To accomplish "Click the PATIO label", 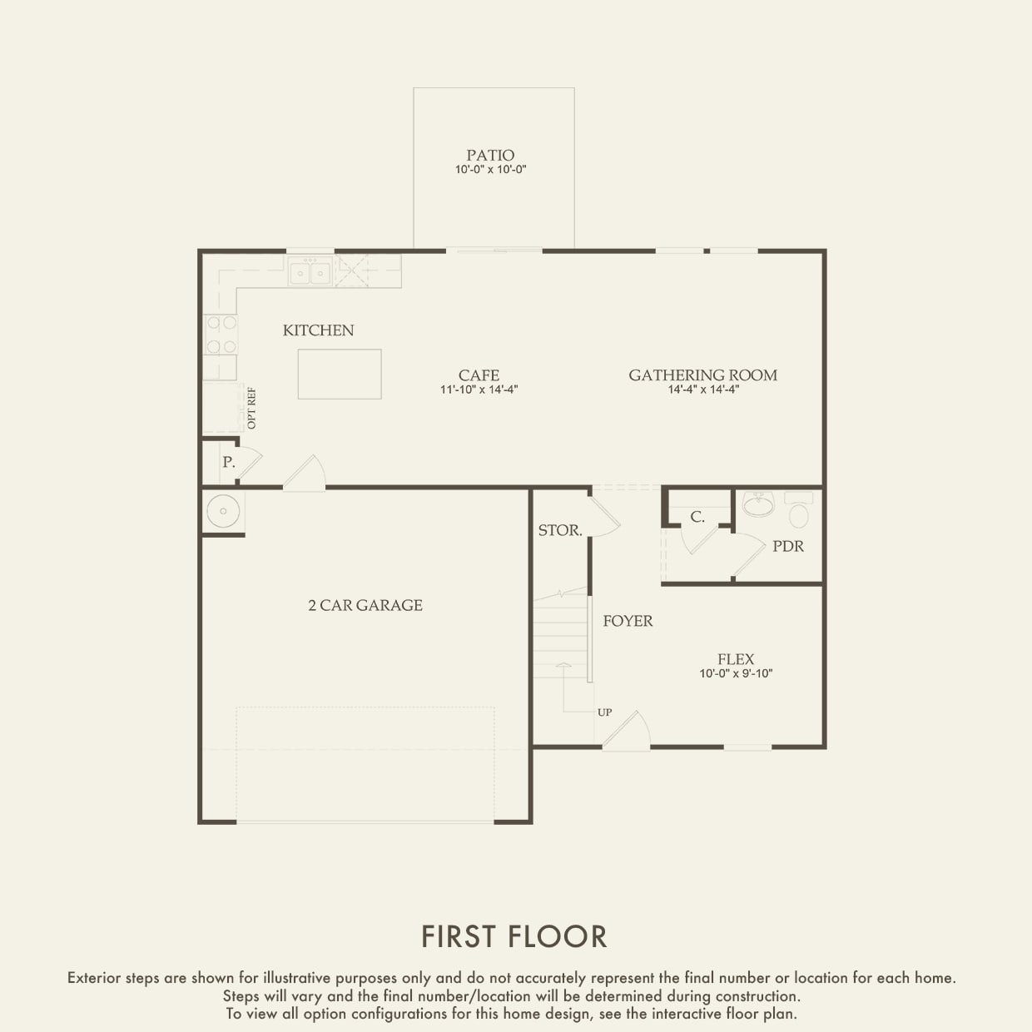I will click(490, 156).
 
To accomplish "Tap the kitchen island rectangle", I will click(340, 374).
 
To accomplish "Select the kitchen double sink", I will click(310, 272).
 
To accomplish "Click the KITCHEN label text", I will click(318, 330).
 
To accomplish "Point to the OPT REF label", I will click(252, 408).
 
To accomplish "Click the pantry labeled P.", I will click(228, 462).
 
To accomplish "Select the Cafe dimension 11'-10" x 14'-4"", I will click(479, 389).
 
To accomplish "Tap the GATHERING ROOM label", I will click(702, 375).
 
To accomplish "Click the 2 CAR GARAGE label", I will click(365, 605).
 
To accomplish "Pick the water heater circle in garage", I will click(223, 510).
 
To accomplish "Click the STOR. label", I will click(559, 530).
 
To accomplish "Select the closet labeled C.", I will click(697, 517).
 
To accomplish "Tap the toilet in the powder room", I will click(799, 510).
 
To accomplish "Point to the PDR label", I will click(787, 547).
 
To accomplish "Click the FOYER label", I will click(628, 621).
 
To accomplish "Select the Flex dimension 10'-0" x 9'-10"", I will click(736, 674).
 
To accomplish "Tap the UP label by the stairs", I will click(604, 712).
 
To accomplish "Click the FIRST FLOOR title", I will click(514, 936).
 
